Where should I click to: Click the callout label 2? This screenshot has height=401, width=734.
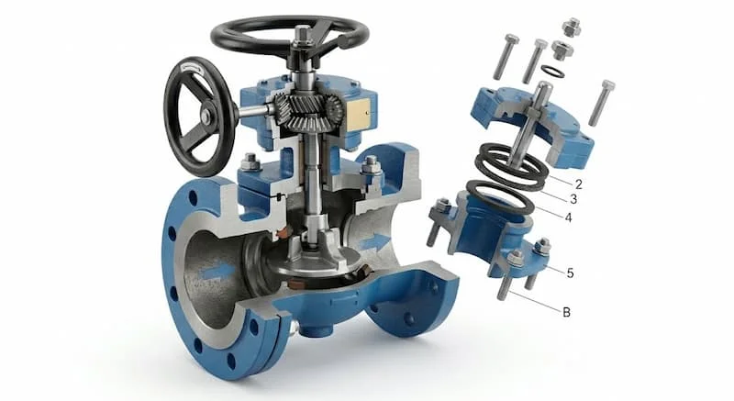(579, 184)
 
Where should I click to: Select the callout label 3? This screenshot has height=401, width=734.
(573, 200)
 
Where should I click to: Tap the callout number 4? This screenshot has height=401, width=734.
(568, 217)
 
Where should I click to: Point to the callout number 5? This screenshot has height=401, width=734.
(570, 273)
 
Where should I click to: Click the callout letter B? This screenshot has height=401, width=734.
(566, 312)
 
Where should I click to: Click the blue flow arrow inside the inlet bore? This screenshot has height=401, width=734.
(217, 272)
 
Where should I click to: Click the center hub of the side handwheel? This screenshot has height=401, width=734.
(205, 116)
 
